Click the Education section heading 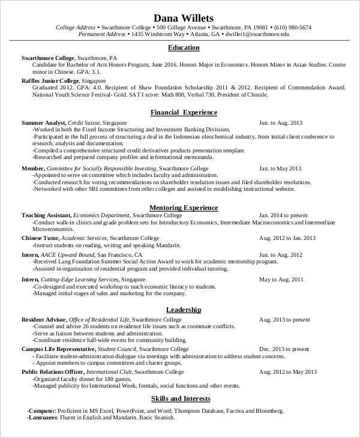184,47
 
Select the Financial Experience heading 184,112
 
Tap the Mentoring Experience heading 184,207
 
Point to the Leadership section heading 184,310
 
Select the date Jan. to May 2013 280,169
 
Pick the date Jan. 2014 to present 283,215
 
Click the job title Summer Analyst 43,122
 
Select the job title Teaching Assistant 46,215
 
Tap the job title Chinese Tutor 40,238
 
